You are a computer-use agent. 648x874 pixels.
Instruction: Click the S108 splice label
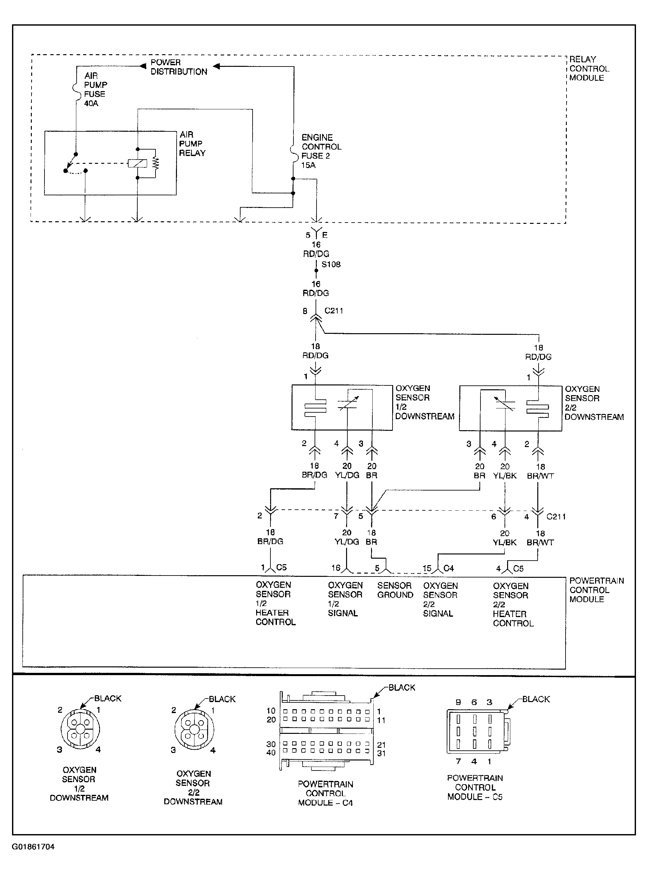331,264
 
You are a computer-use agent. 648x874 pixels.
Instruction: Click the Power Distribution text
179,67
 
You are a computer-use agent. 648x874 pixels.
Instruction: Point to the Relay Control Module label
589,68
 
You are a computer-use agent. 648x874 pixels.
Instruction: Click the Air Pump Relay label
192,144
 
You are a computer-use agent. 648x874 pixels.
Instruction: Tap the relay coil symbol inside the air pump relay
137,164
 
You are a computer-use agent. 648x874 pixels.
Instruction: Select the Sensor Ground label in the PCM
395,590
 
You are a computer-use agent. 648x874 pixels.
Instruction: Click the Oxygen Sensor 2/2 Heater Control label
513,605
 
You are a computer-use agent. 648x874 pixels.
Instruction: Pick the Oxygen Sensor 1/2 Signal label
345,599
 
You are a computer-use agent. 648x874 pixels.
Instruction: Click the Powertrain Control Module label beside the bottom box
596,590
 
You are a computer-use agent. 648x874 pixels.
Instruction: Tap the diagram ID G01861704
33,846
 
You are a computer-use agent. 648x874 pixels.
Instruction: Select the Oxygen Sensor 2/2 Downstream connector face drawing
194,729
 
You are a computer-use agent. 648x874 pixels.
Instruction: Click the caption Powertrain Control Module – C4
325,794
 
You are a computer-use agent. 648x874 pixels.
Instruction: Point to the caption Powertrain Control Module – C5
475,787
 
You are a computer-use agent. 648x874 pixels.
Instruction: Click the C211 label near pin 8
334,311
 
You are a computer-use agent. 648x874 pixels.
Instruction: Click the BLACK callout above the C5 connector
536,699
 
